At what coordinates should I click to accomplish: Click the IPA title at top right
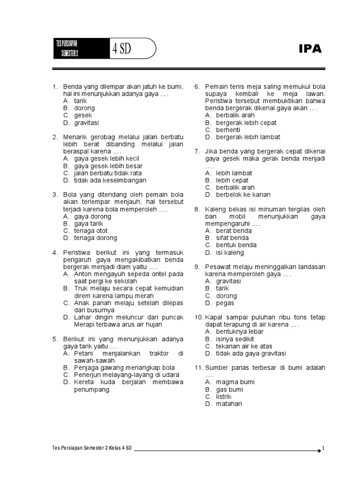pos(310,49)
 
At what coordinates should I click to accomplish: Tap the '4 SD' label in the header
pos(121,49)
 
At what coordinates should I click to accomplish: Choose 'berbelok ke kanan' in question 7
pos(243,195)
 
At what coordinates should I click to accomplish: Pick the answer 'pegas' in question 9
pos(225,303)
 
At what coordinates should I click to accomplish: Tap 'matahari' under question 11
pos(229,404)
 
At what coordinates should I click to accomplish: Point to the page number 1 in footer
pos(323,448)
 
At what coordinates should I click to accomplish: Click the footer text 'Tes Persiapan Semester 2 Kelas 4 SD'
pos(93,448)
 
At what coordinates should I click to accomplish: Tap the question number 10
pos(199,317)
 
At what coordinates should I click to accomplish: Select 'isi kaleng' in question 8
pos(230,253)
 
